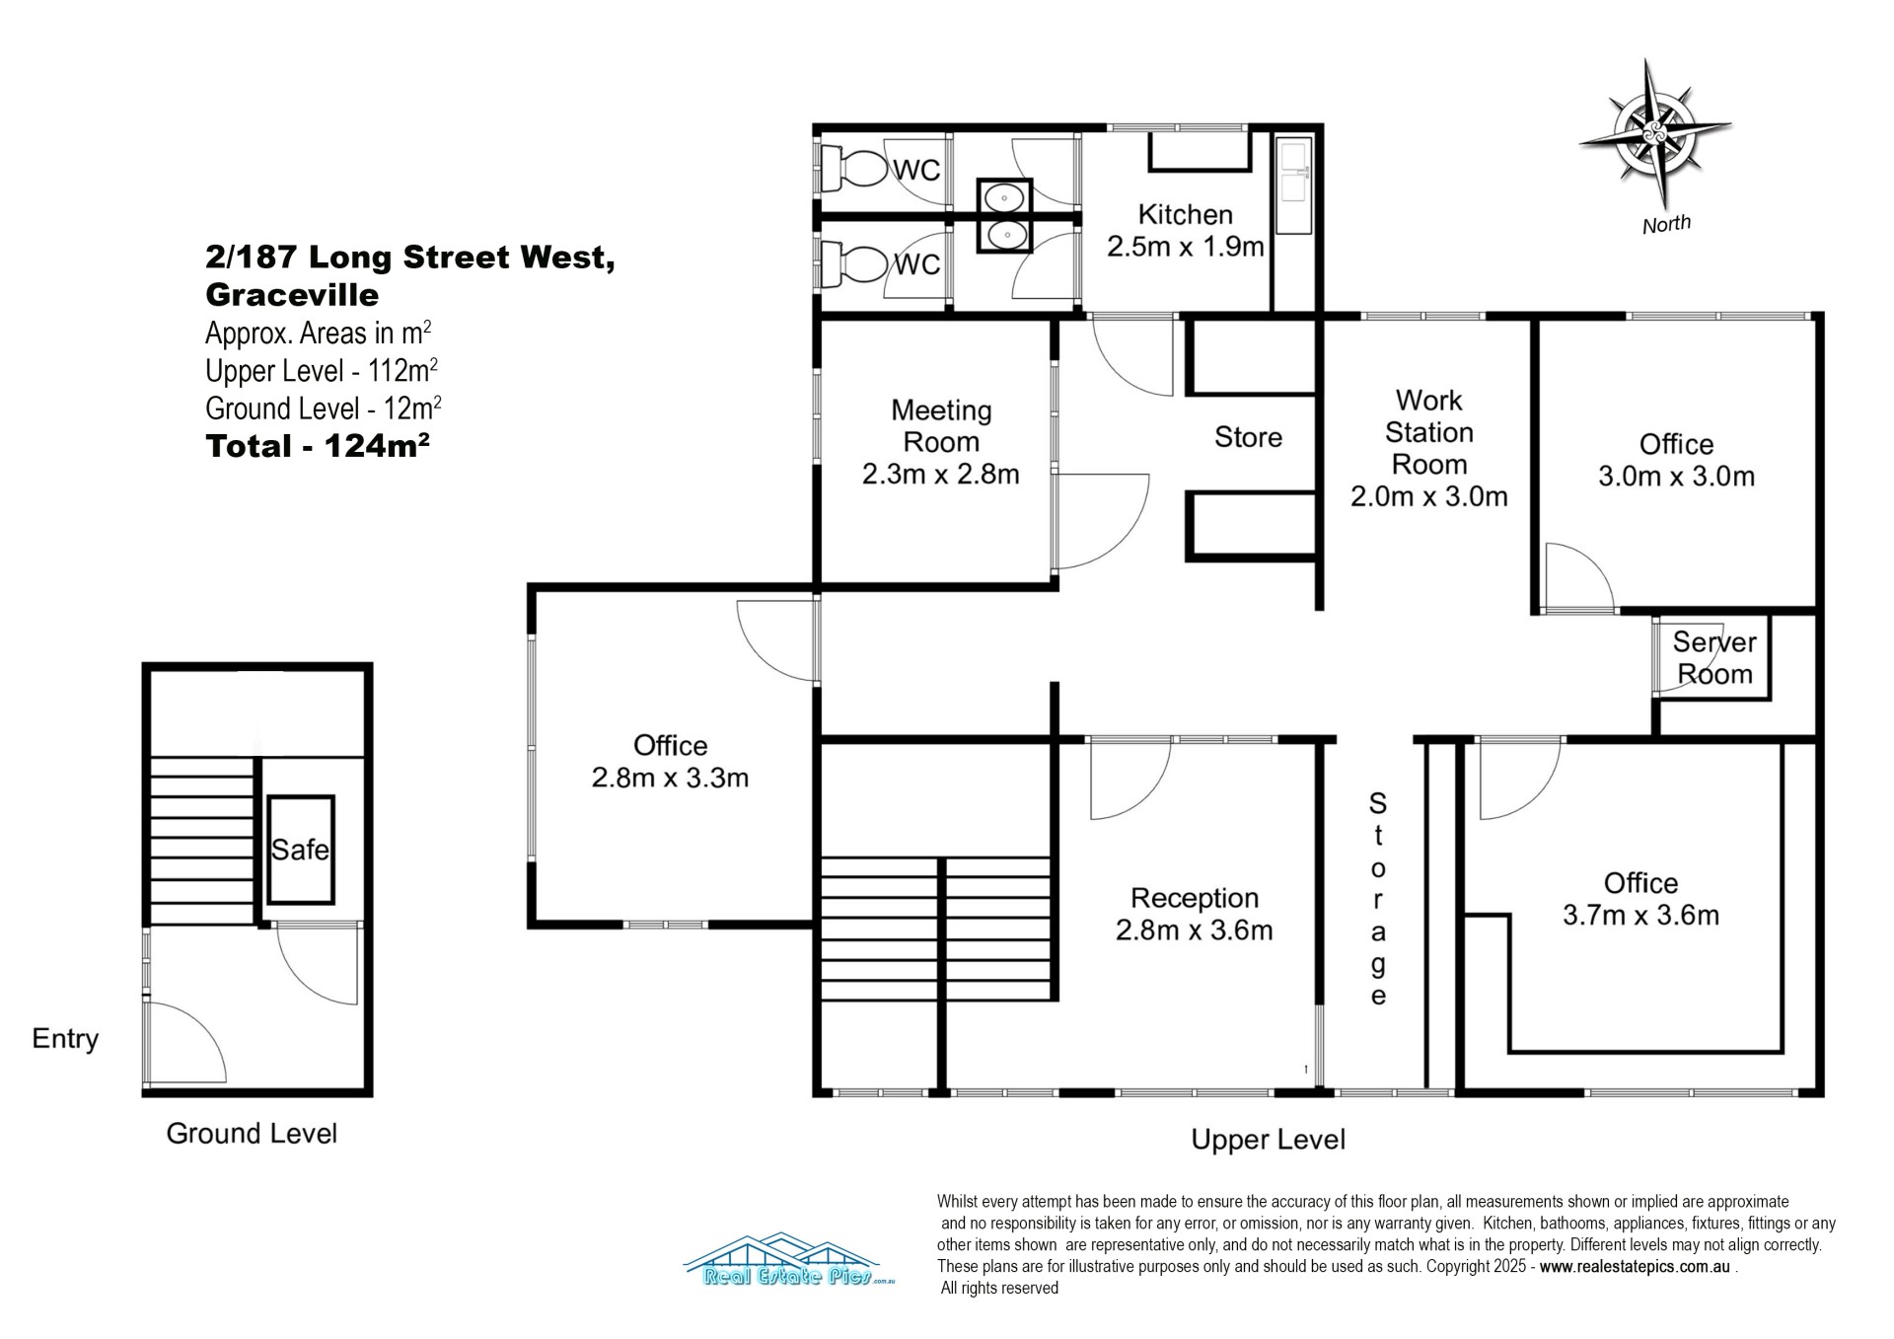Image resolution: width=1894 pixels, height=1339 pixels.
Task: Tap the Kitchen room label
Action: tap(1185, 215)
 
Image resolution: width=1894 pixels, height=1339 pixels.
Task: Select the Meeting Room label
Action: tap(941, 425)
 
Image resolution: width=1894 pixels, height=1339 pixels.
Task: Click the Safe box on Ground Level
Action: tap(300, 849)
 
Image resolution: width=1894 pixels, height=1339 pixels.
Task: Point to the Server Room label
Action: tap(1714, 658)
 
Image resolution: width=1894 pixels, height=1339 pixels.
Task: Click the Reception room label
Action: tap(1195, 898)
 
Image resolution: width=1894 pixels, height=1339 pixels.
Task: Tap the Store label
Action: tap(1248, 437)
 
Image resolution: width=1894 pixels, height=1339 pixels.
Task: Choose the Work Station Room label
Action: tap(1429, 432)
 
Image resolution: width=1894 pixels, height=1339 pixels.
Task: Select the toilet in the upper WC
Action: tap(855, 169)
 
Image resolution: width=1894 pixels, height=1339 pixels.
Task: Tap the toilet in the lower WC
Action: tap(855, 263)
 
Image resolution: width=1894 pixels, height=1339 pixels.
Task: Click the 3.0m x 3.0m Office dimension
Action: tap(1676, 477)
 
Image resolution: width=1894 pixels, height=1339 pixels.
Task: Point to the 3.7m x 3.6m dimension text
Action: tap(1640, 915)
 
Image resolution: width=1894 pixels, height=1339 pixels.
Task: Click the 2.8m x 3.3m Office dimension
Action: tap(670, 778)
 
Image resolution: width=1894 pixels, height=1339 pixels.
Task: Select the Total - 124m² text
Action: tap(318, 446)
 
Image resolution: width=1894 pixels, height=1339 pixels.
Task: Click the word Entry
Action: tap(65, 1039)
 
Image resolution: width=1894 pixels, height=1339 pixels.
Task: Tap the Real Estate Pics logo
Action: tap(788, 1260)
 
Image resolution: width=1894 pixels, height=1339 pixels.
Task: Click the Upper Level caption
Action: tap(1268, 1140)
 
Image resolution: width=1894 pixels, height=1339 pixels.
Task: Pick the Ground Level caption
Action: tap(252, 1133)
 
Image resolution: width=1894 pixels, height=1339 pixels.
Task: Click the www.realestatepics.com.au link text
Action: tap(1635, 1267)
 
